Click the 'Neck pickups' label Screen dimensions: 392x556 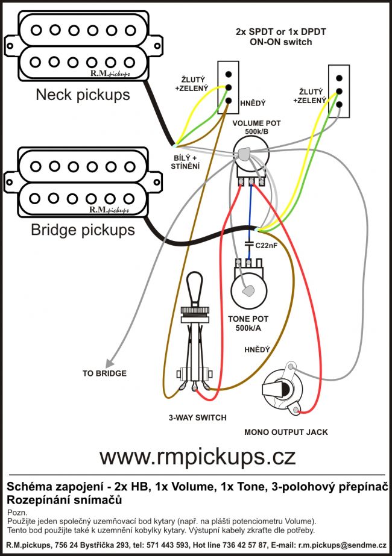click(x=83, y=95)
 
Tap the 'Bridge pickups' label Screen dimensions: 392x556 click(x=83, y=230)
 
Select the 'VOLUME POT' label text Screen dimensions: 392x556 click(x=256, y=123)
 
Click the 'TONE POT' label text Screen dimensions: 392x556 click(x=248, y=319)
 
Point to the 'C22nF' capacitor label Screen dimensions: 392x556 click(x=267, y=245)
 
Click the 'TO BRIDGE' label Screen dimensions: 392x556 click(x=104, y=373)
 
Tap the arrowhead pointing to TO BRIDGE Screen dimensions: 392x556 click(x=109, y=363)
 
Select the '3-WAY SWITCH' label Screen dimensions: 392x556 click(x=197, y=417)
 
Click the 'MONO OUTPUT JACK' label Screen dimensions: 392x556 click(x=286, y=433)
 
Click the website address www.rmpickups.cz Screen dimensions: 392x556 click(x=197, y=457)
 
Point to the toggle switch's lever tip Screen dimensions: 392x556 click(x=195, y=276)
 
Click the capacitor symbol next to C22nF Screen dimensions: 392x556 click(x=249, y=245)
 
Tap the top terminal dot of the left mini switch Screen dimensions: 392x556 click(x=229, y=75)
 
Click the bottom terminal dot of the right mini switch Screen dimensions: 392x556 click(x=339, y=105)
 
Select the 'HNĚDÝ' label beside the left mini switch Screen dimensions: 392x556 click(x=253, y=104)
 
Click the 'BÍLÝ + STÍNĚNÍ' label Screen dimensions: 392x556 click(x=185, y=162)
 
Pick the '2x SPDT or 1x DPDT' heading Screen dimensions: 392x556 click(x=280, y=31)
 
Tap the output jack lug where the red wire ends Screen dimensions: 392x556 click(x=296, y=411)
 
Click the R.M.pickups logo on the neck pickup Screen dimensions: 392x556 click(x=110, y=73)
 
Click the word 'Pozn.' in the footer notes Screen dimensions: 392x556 click(x=17, y=513)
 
